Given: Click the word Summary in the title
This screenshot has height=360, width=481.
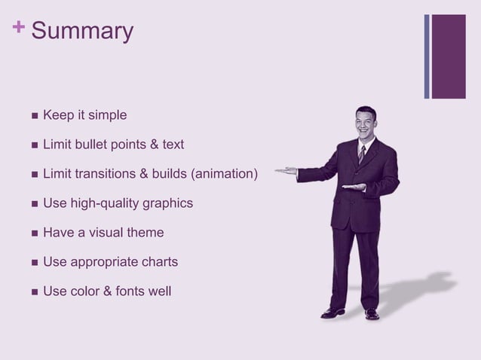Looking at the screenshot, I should (83, 32).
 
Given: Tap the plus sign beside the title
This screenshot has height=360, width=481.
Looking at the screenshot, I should (17, 28).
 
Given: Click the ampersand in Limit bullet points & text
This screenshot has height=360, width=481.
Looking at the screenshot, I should (152, 145).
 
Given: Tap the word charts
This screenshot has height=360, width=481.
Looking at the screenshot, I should (160, 262).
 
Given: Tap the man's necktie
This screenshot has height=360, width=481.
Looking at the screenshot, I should (362, 154).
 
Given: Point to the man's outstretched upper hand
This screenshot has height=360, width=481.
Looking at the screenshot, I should (286, 171).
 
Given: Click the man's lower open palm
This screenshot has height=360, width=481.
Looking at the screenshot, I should (353, 187).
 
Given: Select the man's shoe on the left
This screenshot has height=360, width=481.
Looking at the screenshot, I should (332, 312).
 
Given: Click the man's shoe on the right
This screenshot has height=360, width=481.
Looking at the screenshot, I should (372, 313).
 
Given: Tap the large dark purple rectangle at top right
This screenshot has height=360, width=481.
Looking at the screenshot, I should (449, 56).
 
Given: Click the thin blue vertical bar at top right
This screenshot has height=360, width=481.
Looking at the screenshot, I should (427, 56).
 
